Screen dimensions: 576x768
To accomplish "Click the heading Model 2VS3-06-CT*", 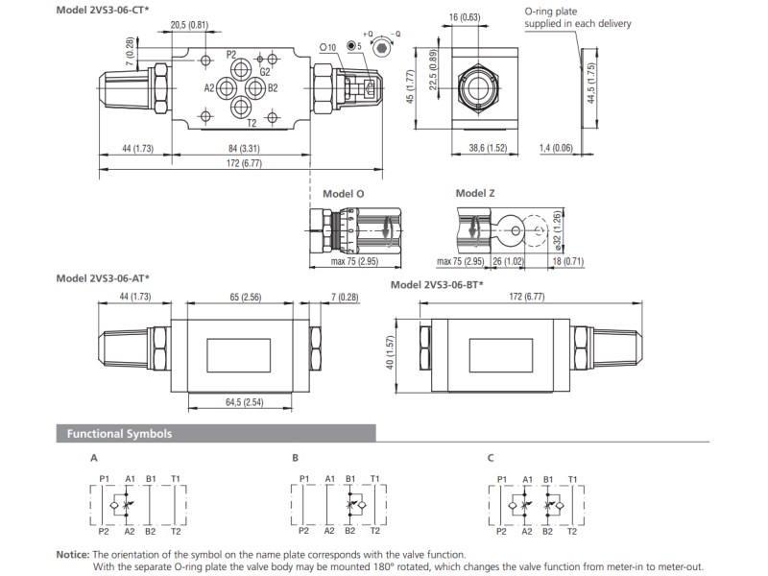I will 103,10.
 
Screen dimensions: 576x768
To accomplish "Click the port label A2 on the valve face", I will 210,88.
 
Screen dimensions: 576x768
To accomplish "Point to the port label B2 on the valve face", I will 272,88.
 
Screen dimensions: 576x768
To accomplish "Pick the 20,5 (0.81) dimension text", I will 189,24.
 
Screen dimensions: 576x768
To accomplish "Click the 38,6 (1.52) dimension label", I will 488,148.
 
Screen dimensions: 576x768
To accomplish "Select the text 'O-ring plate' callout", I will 550,12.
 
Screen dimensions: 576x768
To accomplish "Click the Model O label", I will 343,193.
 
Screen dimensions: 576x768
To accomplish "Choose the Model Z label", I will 475,193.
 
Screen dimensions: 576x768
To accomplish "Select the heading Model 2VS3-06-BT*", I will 437,285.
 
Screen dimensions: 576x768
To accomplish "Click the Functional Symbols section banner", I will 119,434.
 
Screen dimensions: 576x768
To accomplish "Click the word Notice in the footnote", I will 72,554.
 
